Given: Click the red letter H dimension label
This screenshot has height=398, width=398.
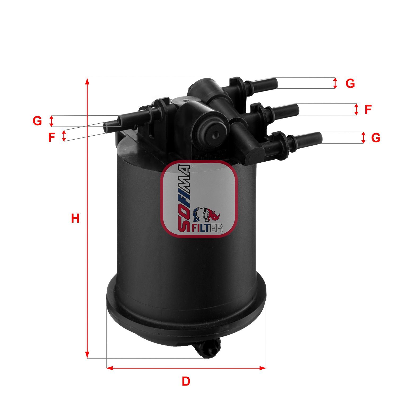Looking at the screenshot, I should pyautogui.click(x=75, y=219).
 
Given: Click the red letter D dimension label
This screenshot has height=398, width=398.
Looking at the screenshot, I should pyautogui.click(x=186, y=381).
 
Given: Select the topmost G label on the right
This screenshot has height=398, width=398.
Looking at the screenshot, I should pyautogui.click(x=350, y=84).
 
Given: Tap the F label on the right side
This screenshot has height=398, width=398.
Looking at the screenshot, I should pyautogui.click(x=367, y=110).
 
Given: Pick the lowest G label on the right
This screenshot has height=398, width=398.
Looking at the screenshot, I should pyautogui.click(x=376, y=138).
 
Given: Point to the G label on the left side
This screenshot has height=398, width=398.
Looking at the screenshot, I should pyautogui.click(x=37, y=121).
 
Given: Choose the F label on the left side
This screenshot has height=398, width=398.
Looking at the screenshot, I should pyautogui.click(x=51, y=137).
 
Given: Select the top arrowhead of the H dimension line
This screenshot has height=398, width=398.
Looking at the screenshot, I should pyautogui.click(x=87, y=81).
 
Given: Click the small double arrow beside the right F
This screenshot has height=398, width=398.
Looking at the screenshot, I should pyautogui.click(x=356, y=109).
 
